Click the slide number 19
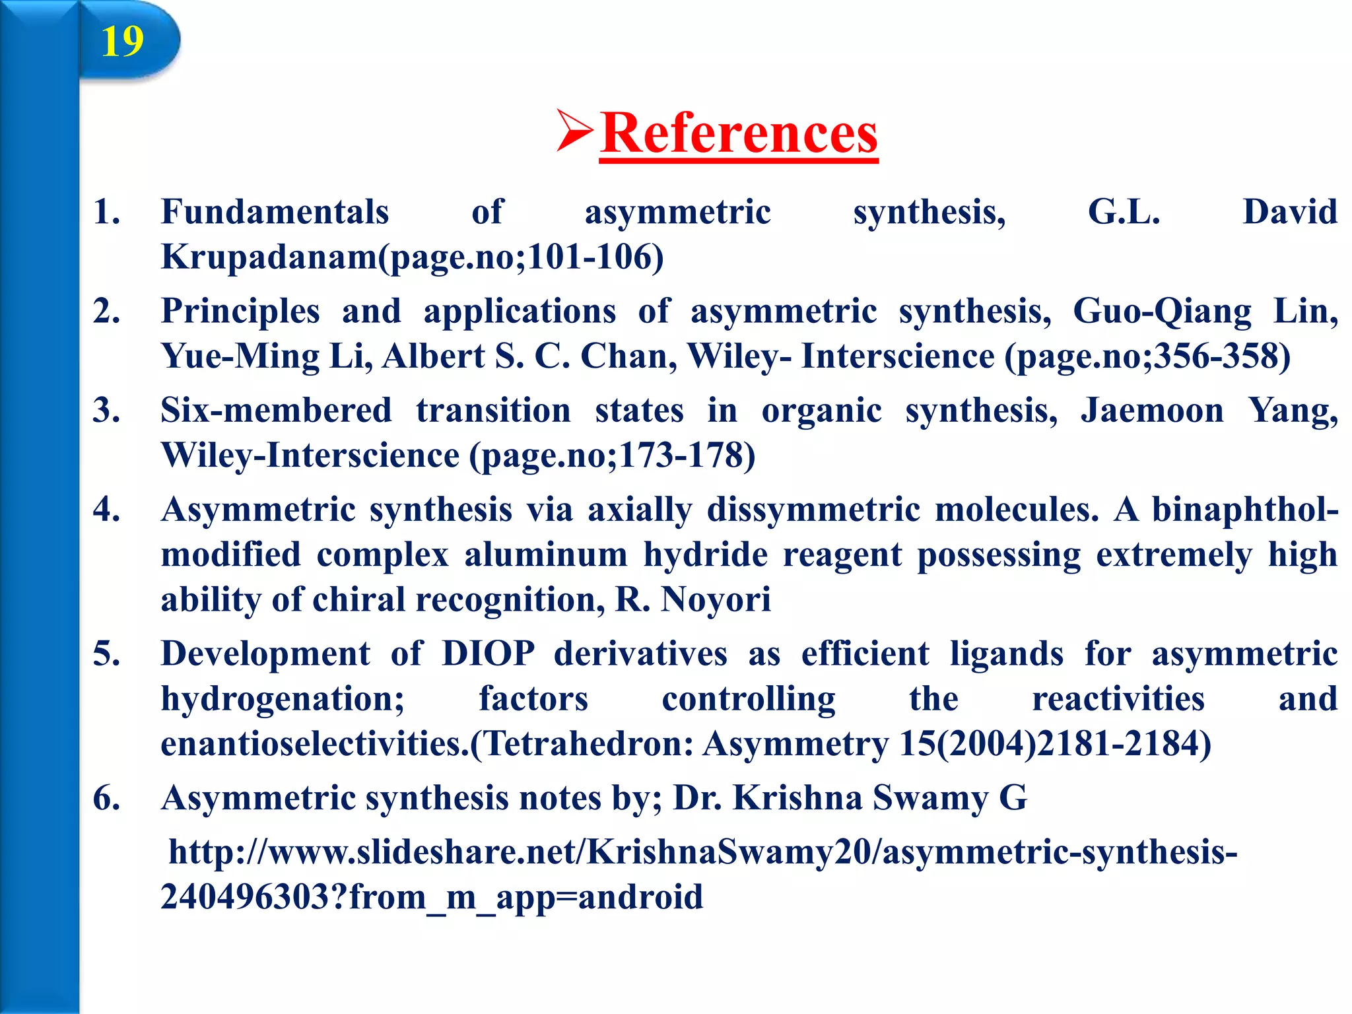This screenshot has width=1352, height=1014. (x=122, y=42)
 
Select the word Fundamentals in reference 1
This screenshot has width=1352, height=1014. (x=275, y=213)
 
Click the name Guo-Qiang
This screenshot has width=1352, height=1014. (x=1161, y=312)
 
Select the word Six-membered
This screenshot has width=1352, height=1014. (x=276, y=411)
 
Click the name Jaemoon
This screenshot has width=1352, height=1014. (x=1152, y=411)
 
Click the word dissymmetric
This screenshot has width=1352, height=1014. (x=813, y=510)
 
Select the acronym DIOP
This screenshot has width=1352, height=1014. (x=488, y=654)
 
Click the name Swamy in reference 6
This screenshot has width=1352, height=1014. (x=930, y=798)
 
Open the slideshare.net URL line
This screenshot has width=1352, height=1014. (x=702, y=852)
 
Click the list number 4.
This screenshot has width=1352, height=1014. (x=106, y=510)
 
